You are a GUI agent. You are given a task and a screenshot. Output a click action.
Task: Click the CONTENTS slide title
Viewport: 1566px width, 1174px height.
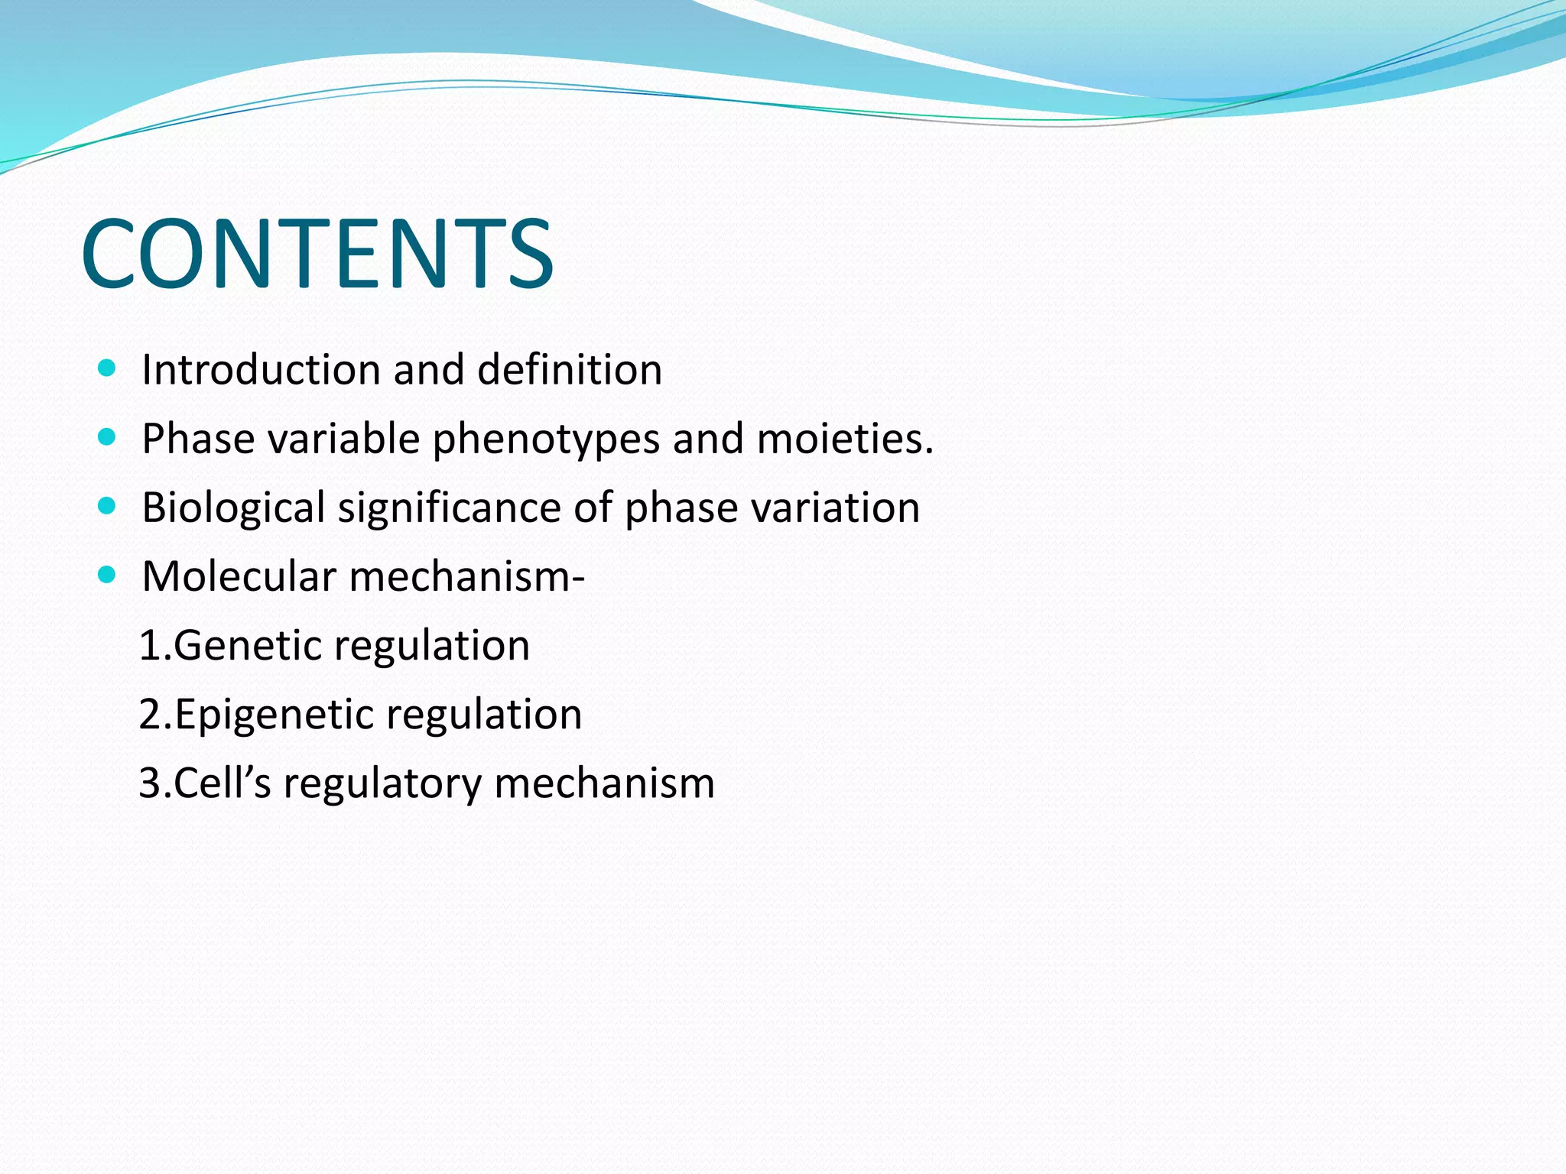click(x=317, y=254)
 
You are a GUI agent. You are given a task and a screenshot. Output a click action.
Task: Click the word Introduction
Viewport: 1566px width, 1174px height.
click(x=261, y=370)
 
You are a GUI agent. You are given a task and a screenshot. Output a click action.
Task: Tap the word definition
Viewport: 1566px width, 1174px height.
click(x=569, y=370)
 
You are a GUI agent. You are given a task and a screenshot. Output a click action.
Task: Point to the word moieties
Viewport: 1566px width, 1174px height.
click(x=844, y=439)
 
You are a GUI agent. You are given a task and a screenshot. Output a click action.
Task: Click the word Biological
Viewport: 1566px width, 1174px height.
click(x=234, y=508)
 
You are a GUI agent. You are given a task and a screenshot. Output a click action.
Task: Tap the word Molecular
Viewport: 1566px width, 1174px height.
click(x=239, y=576)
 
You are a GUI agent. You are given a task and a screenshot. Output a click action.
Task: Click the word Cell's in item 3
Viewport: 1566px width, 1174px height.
click(x=222, y=783)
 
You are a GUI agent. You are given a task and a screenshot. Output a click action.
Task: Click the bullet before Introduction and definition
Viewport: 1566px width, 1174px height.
click(x=107, y=368)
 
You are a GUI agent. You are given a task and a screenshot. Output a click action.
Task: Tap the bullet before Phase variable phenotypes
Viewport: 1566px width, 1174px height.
click(x=107, y=437)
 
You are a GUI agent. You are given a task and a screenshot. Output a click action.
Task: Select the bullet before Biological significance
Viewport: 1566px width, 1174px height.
click(x=107, y=506)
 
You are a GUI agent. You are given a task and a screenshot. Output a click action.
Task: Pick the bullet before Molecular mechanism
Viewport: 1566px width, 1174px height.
click(x=107, y=575)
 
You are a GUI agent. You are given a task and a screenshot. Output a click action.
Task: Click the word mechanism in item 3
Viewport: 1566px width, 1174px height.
click(x=604, y=783)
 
